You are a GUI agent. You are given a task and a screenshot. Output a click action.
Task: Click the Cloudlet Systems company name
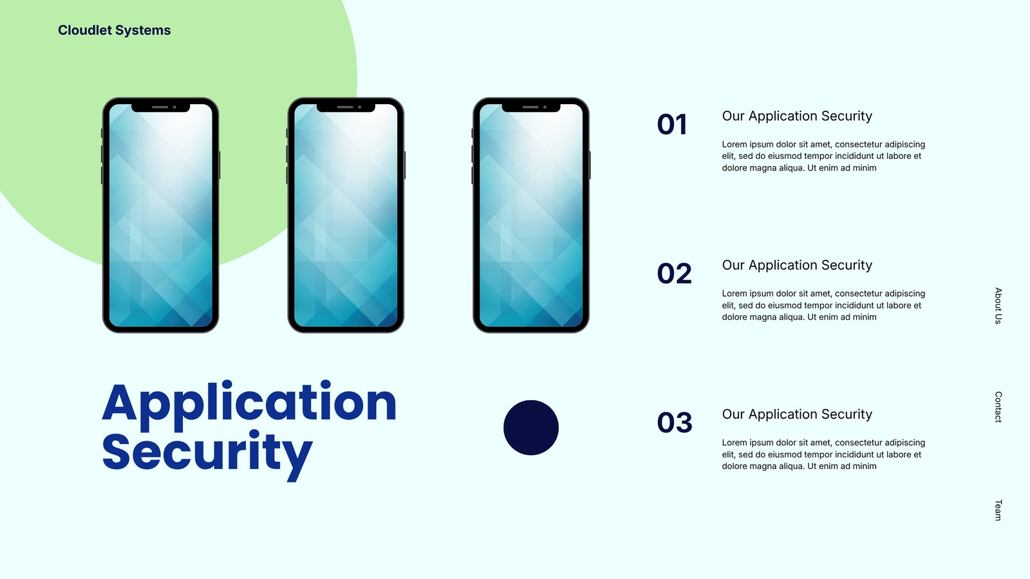[x=114, y=30]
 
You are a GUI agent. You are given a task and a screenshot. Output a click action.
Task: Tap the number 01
[x=672, y=125]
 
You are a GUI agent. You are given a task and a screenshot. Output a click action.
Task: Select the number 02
[x=674, y=273]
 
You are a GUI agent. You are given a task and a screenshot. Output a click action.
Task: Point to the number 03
[x=675, y=423]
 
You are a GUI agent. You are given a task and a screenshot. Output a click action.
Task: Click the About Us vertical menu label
[x=998, y=306]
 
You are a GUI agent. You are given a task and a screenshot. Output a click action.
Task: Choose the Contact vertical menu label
[x=998, y=407]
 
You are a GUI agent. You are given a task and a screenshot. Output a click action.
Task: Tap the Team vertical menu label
[x=998, y=510]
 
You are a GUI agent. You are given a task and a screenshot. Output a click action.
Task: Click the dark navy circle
[x=531, y=427]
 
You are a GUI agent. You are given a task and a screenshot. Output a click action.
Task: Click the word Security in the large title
[x=207, y=454]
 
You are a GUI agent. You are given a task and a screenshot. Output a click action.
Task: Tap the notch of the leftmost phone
[x=160, y=107]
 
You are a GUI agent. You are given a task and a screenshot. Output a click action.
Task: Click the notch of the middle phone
[x=346, y=107]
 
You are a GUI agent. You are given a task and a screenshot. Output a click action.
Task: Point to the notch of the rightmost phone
[x=531, y=107]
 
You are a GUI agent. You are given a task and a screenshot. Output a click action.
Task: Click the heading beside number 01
[x=797, y=116]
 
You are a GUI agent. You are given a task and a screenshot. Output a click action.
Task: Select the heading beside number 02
[x=797, y=265]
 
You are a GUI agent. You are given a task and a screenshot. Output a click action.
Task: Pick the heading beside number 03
[x=797, y=414]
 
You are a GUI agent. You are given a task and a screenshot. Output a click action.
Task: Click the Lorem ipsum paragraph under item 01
[x=823, y=156]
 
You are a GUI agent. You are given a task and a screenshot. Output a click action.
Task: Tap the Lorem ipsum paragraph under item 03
[x=823, y=454]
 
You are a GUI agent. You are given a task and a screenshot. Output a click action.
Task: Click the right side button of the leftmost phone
[x=220, y=165]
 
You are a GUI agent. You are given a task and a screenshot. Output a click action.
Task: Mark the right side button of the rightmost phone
[x=590, y=165]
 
